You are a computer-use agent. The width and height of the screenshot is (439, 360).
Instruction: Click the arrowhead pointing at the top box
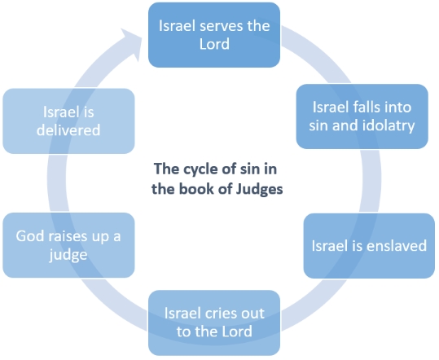132,42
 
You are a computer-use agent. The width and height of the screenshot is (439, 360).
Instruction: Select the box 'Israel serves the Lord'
214,35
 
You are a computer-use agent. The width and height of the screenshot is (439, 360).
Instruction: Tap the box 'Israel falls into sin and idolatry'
362,116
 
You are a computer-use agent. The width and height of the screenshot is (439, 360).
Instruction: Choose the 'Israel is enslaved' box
369,246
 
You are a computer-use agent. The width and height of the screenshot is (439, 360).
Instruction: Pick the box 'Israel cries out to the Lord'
214,323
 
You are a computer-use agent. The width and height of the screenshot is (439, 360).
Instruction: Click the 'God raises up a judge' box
68,245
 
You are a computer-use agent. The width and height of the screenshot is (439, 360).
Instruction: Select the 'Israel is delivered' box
68,121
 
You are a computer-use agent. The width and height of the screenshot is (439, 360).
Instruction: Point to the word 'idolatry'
389,125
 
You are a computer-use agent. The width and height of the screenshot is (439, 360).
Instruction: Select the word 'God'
30,236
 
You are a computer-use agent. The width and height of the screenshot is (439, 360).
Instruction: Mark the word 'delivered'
68,130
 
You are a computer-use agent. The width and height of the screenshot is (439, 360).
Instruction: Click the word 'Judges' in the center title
259,189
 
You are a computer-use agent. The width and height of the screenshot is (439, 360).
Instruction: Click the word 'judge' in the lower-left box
68,255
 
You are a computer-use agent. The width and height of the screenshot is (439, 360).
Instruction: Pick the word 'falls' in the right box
362,108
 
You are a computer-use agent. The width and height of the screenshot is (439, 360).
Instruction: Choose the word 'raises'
68,236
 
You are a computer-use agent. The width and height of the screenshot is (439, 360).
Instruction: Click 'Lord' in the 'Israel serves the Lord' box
214,44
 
